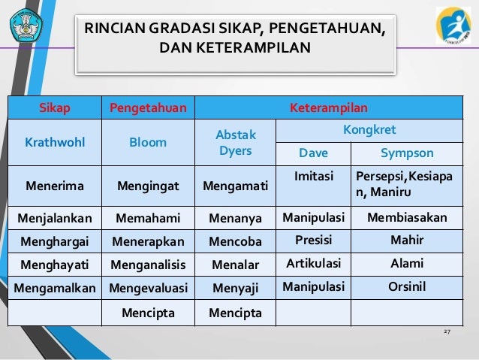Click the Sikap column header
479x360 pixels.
(x=55, y=107)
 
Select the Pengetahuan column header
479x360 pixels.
(x=149, y=107)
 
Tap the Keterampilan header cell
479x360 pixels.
(x=334, y=107)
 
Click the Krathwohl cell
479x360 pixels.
(x=55, y=141)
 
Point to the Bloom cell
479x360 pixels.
(x=149, y=141)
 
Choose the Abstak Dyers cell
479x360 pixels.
(x=236, y=142)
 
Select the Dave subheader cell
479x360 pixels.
(x=313, y=153)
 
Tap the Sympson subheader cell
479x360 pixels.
(x=407, y=153)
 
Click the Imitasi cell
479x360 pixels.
(x=313, y=174)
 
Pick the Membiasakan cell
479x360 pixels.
(x=407, y=218)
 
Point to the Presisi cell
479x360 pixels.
(x=313, y=241)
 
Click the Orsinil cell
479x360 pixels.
(x=407, y=286)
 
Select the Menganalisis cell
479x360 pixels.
(x=149, y=264)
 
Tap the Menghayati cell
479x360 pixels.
(x=55, y=264)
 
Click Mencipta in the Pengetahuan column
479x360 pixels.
(x=149, y=311)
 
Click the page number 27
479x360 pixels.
(x=448, y=331)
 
